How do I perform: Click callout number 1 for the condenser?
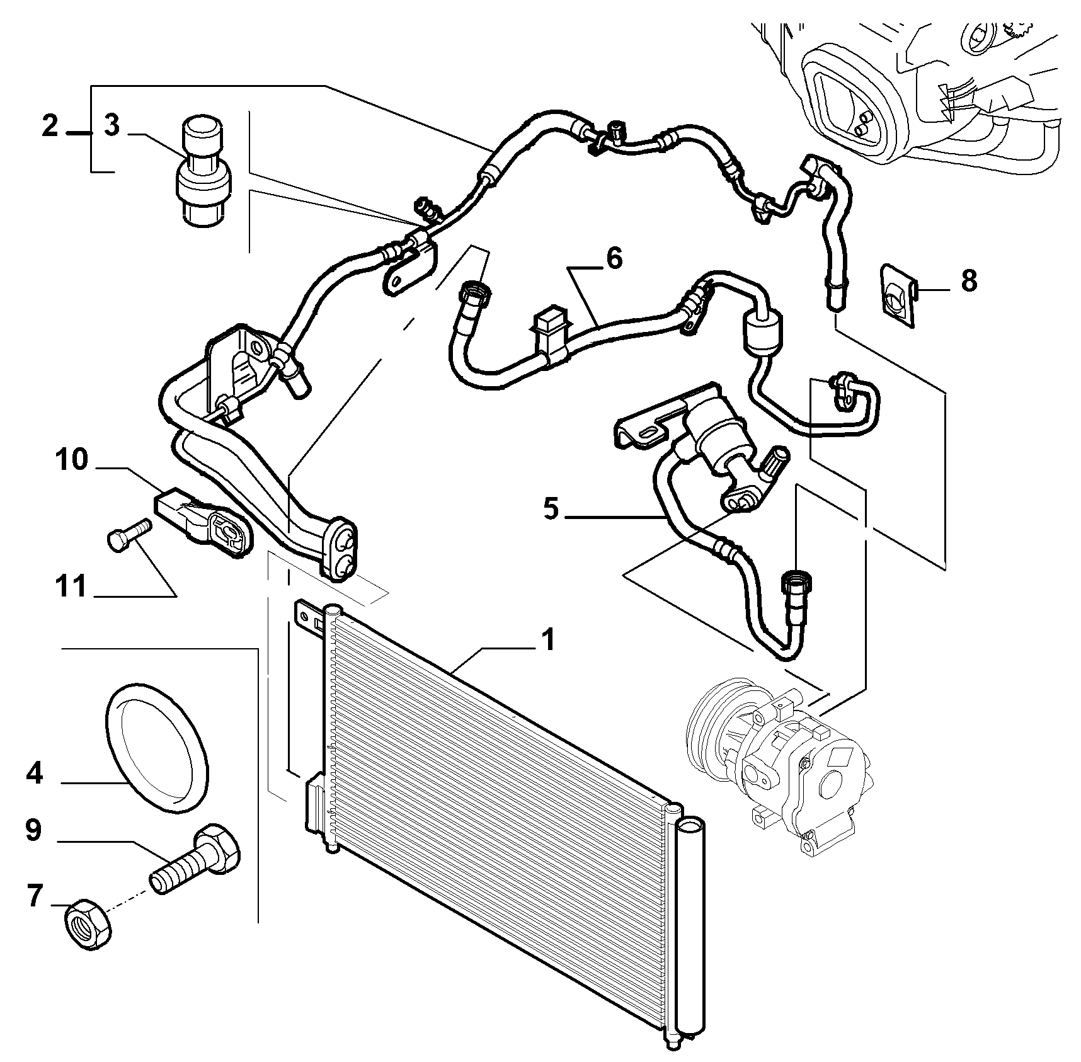549,640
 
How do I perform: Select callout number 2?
50,125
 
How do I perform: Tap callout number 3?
112,125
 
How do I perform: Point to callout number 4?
34,772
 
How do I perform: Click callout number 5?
551,508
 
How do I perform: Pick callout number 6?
614,258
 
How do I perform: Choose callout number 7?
34,895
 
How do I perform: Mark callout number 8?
969,280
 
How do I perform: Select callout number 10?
71,460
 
